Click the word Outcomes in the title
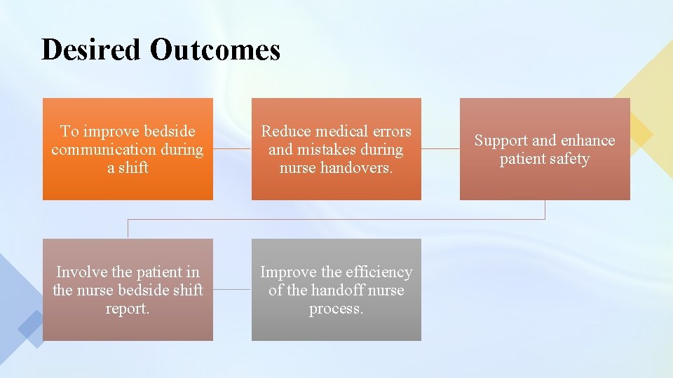[215, 50]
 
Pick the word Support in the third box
[501, 141]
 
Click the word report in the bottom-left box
[127, 309]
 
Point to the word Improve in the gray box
[288, 272]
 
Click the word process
[336, 309]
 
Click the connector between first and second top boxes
[232, 148]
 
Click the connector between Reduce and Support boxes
[440, 148]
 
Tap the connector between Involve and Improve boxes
[232, 289]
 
